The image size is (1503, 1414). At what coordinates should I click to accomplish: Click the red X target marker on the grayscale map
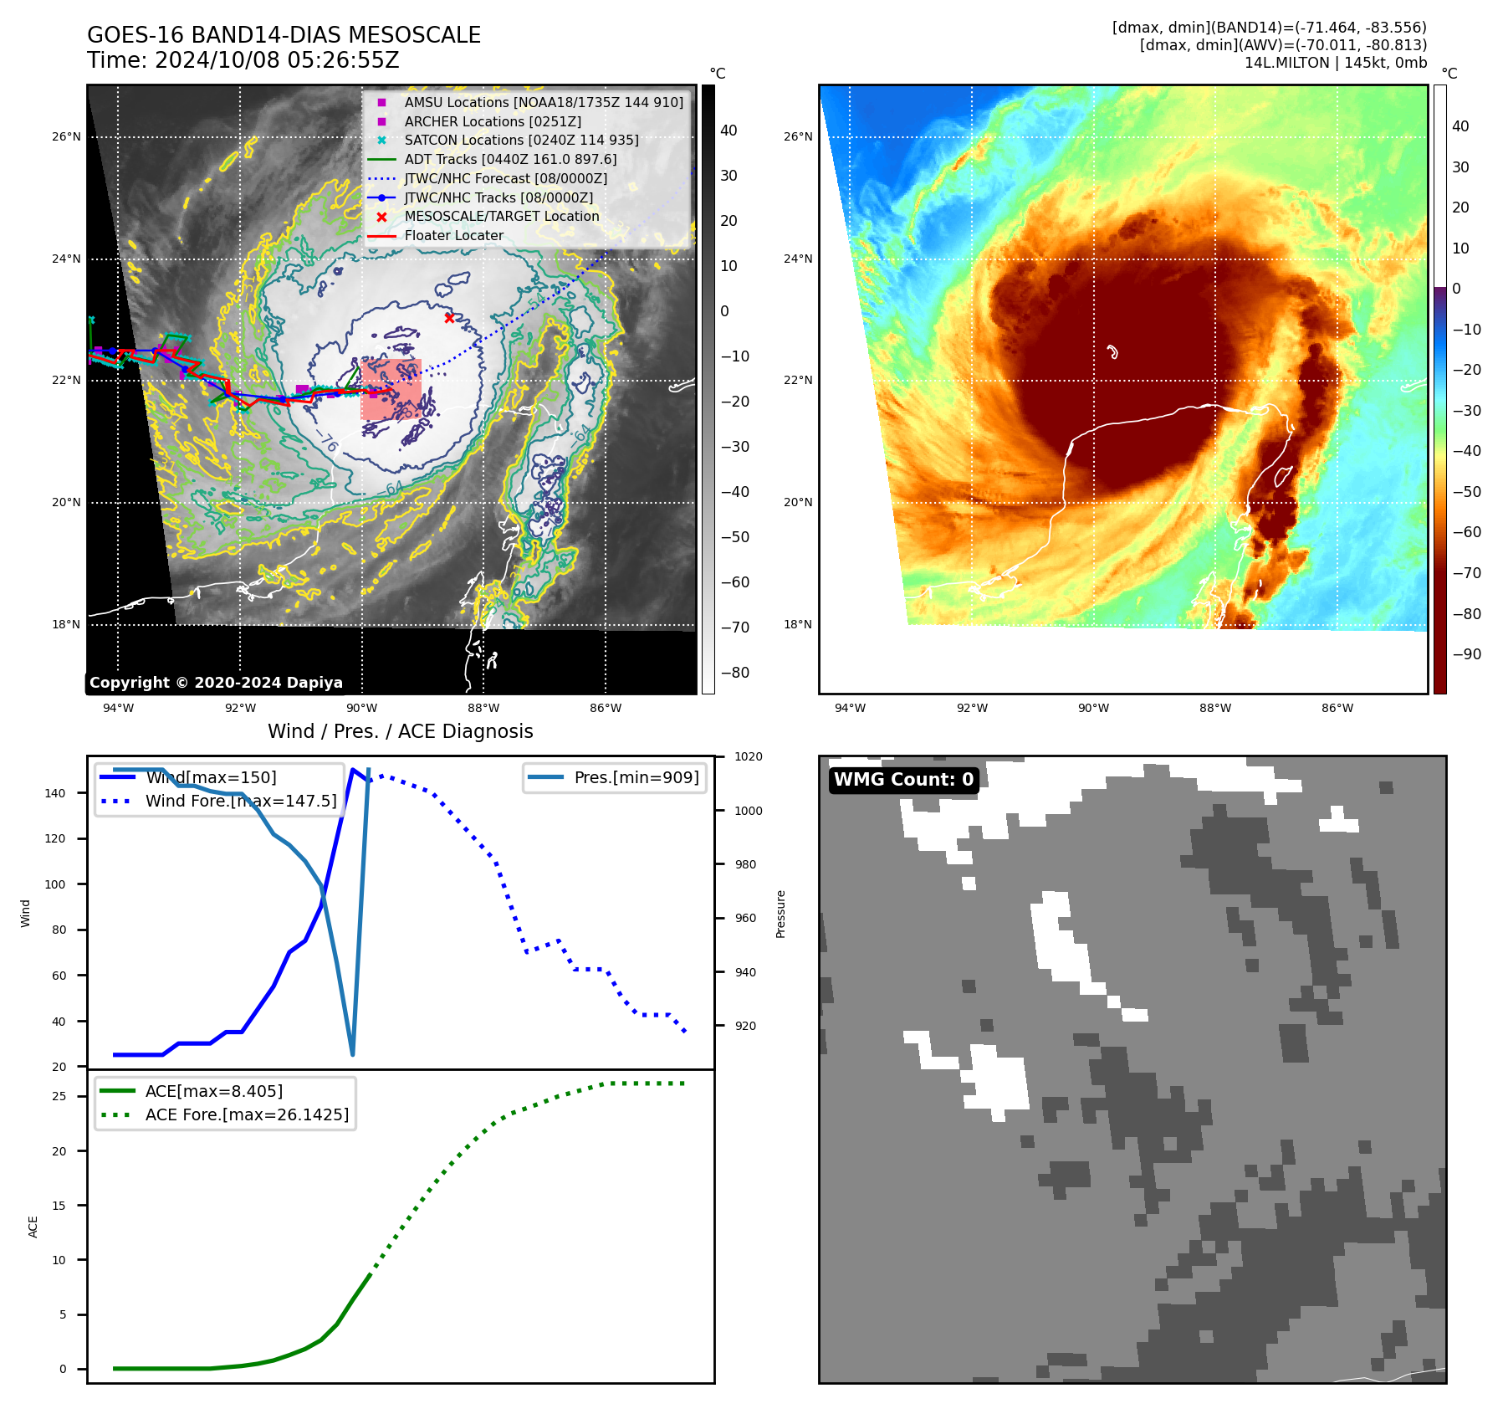[449, 318]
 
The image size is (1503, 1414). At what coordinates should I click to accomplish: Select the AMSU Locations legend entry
[544, 102]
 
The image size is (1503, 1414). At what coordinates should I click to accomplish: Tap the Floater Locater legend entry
[453, 236]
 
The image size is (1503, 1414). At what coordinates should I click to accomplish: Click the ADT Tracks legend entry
[510, 159]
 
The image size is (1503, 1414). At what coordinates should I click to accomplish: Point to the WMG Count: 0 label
[903, 780]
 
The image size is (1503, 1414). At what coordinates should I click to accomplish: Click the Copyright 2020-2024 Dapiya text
[216, 683]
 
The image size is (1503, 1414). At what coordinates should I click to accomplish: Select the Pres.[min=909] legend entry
[636, 777]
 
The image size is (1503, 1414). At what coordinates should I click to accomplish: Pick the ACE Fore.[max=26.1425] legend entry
[247, 1114]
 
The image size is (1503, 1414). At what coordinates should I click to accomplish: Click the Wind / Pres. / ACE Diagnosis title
[400, 731]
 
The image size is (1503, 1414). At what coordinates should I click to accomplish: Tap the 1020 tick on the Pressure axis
[748, 757]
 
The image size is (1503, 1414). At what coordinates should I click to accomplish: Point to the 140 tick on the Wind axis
[55, 793]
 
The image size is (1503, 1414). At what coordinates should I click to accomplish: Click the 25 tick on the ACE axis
[59, 1097]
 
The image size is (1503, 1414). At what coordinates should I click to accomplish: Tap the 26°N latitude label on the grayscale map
[67, 136]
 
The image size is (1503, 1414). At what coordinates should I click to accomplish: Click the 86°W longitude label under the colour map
[1337, 708]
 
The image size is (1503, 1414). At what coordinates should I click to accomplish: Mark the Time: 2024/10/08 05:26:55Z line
[243, 60]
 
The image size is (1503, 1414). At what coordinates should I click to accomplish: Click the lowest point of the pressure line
[352, 1054]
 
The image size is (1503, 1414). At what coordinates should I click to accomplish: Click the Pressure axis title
[780, 914]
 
